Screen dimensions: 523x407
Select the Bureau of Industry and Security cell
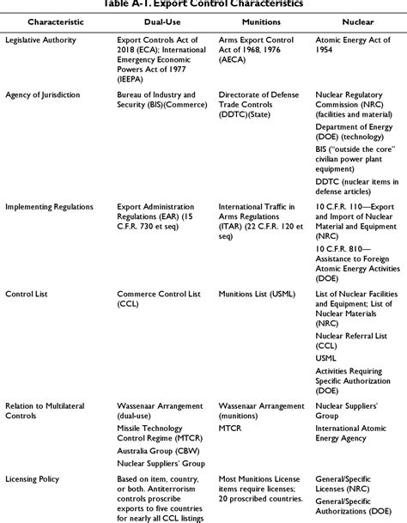point(162,96)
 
